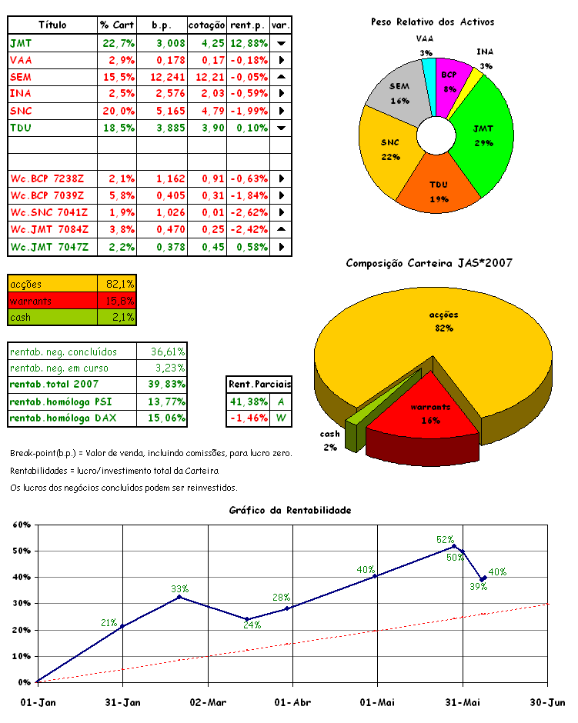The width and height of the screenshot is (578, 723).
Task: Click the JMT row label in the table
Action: coord(21,43)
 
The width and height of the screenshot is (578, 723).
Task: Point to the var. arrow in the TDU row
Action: coord(281,127)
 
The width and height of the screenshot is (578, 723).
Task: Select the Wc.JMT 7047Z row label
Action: coord(50,247)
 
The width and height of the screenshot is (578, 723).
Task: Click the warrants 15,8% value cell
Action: coord(117,300)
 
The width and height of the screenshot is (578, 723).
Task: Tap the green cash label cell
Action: coord(52,317)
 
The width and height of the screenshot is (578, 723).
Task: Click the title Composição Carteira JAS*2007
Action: coord(429,263)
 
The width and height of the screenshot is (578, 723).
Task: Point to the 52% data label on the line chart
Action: coord(445,540)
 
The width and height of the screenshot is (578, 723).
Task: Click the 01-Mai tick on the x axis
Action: coord(377,701)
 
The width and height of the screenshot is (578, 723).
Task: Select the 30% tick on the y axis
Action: coord(19,603)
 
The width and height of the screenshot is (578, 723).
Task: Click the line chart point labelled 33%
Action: coord(179,597)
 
